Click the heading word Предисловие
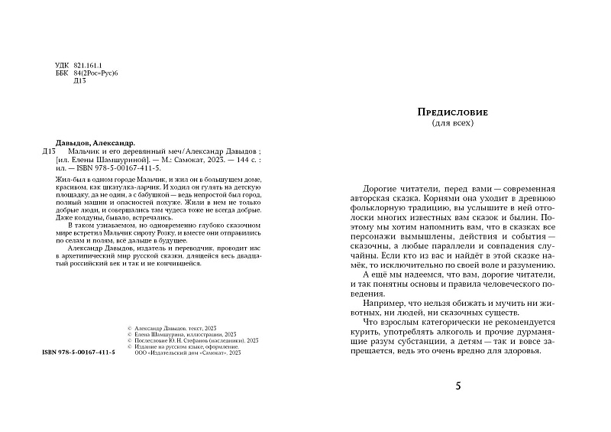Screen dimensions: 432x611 coord(454,112)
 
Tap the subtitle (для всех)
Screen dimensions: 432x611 coord(454,123)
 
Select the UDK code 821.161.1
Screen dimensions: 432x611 coord(91,65)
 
